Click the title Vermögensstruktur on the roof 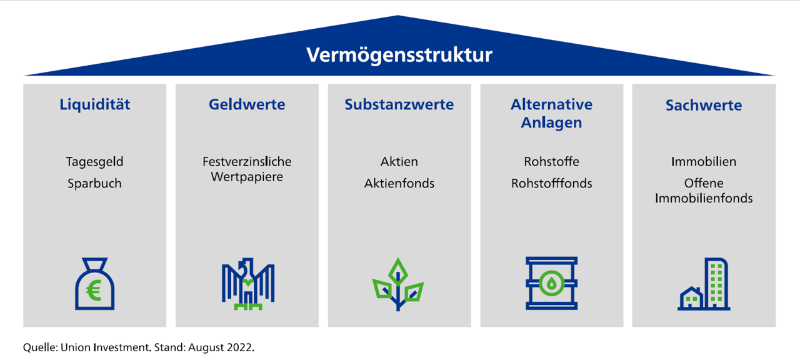point(399,55)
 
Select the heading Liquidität point(95,104)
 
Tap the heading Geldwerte point(247,104)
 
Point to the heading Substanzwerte point(399,104)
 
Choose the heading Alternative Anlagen point(551,113)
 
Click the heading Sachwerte point(704,105)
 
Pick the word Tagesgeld point(95,162)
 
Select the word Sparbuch point(95,184)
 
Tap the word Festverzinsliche point(247,162)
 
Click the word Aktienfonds point(399,184)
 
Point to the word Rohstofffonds point(551,184)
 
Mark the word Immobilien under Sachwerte point(704,162)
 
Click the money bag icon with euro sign point(95,285)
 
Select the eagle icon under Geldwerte point(247,285)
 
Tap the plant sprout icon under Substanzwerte point(398,285)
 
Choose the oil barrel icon point(551,284)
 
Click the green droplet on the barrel point(551,283)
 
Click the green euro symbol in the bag point(94,291)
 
